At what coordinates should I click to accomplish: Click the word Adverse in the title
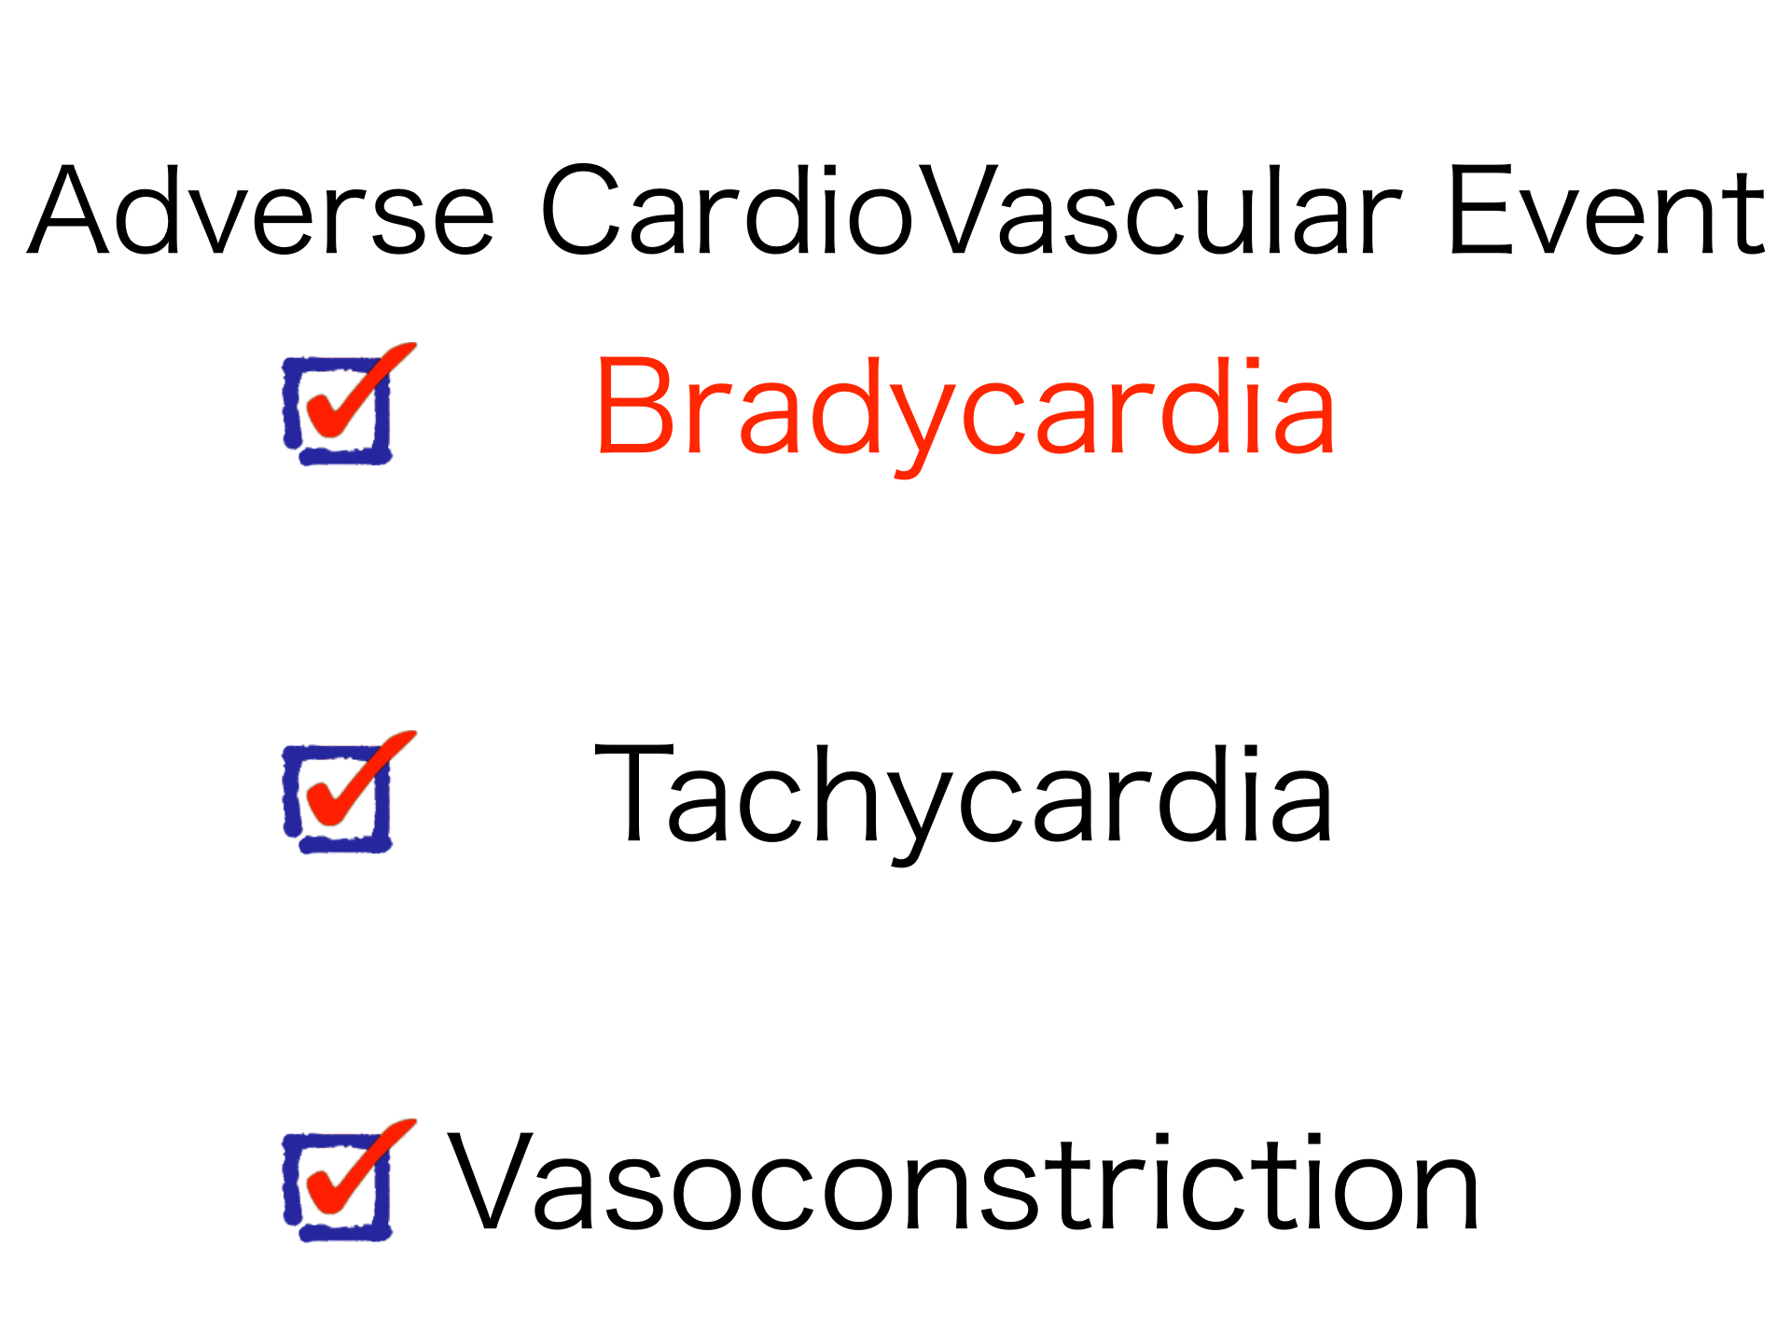(261, 210)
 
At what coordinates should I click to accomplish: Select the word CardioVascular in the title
(971, 210)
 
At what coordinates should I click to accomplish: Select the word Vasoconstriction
(964, 1182)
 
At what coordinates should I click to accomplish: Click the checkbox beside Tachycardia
(345, 792)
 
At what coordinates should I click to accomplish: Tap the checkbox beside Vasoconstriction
(345, 1180)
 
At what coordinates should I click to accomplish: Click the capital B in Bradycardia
(635, 408)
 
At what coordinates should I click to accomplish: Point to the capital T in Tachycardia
(634, 794)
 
